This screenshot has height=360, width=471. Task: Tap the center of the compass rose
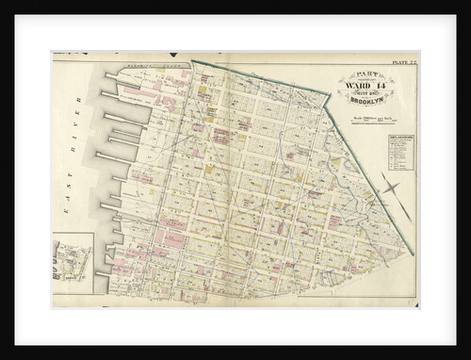pos(390,188)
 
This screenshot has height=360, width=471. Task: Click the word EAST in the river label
pos(67,205)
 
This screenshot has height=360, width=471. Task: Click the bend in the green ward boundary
pos(331,91)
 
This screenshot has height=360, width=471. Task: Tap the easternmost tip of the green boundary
pos(414,254)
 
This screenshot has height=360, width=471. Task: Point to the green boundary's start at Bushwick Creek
pos(192,63)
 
